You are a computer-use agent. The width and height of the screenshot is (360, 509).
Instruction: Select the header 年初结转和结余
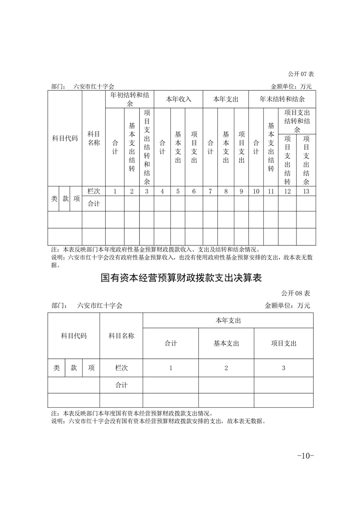pos(129,99)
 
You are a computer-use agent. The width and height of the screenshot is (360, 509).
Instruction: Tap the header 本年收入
pos(178,99)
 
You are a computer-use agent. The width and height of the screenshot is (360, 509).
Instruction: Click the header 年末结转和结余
pos(282,99)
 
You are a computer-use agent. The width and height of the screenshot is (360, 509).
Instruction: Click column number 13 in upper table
pos(306,191)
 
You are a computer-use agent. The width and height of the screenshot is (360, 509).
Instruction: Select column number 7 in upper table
pos(210,191)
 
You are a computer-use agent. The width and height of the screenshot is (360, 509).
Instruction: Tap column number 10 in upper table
pos(256,191)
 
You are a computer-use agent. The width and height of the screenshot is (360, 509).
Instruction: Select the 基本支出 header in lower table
pos(226,343)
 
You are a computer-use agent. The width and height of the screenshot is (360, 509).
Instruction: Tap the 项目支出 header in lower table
pos(283,343)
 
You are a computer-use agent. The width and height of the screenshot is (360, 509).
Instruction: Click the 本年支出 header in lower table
pos(228,320)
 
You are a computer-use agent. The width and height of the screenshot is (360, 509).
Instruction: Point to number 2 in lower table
pos(226,368)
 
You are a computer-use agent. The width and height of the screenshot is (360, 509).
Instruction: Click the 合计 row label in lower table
pos(121,385)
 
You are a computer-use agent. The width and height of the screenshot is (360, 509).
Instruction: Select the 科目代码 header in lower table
pos(74,336)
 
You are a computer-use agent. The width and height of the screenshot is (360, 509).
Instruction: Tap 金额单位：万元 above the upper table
pos(291,86)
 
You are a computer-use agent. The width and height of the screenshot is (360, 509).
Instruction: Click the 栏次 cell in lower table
pos(121,368)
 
